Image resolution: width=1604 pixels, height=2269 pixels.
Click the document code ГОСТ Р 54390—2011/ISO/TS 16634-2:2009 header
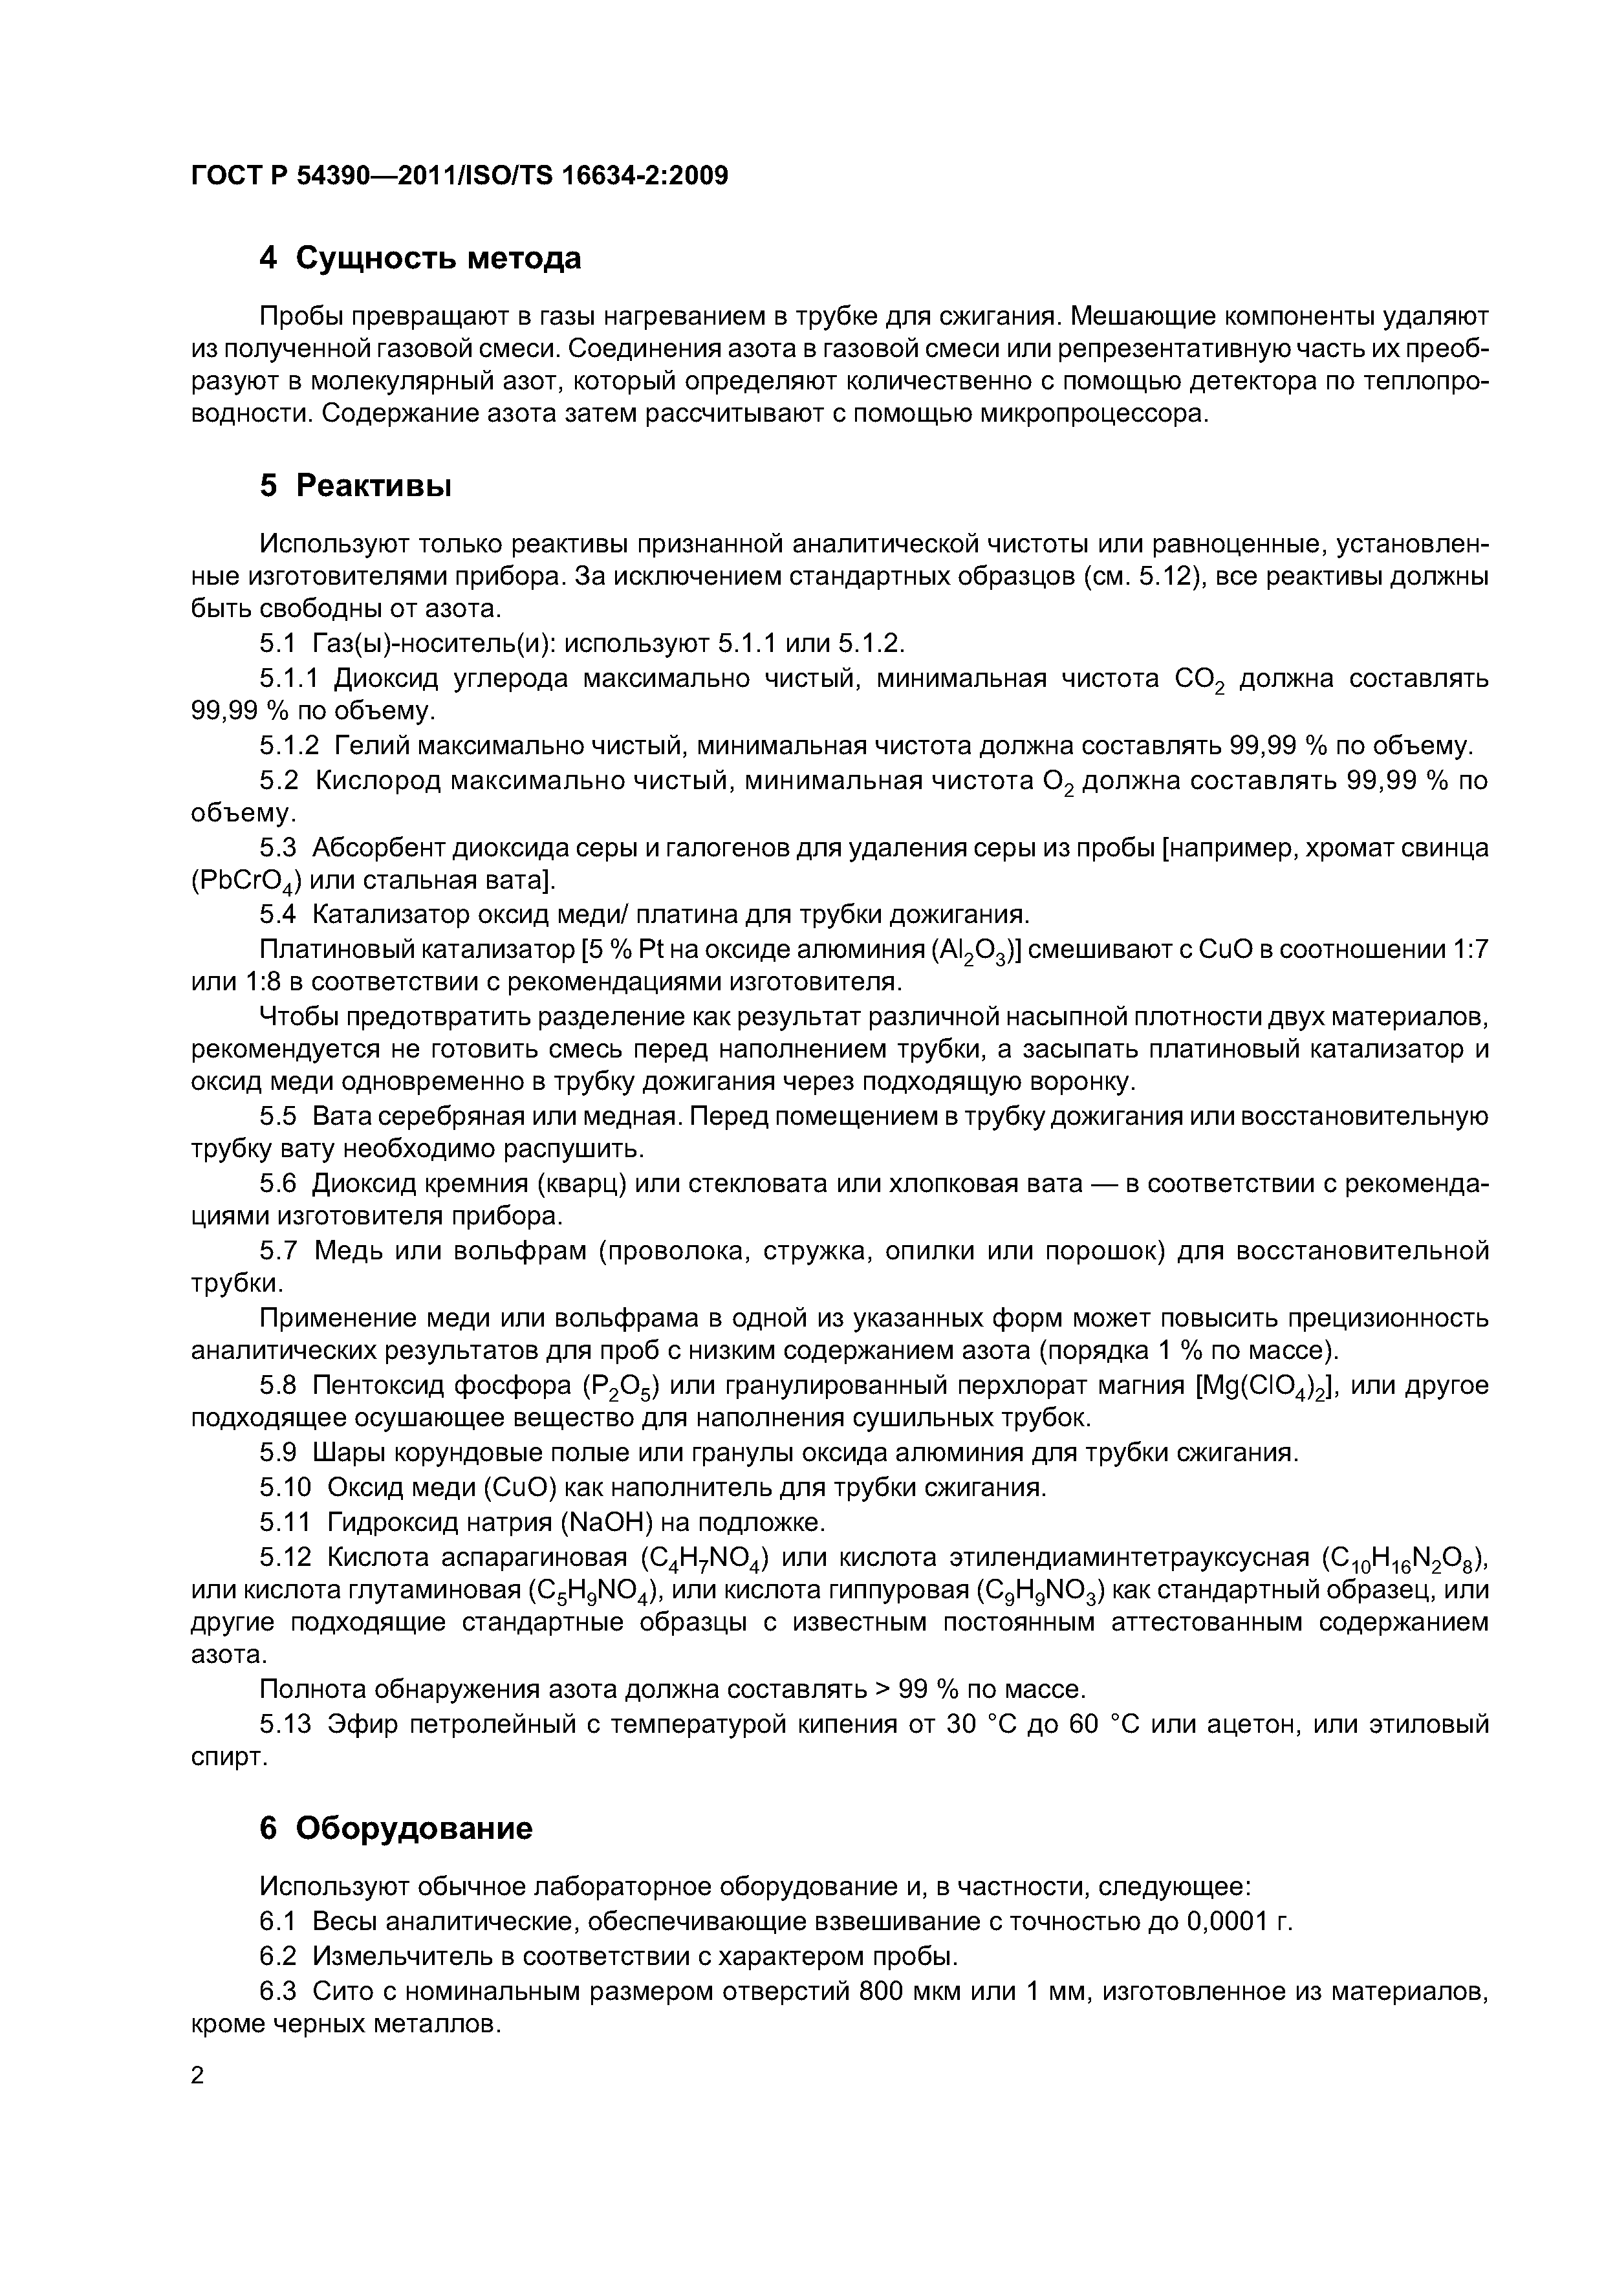point(459,176)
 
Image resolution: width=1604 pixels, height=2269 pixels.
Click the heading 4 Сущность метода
point(420,259)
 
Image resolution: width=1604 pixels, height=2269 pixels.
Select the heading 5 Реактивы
point(356,486)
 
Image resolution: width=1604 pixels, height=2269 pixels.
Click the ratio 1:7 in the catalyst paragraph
point(1467,949)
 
